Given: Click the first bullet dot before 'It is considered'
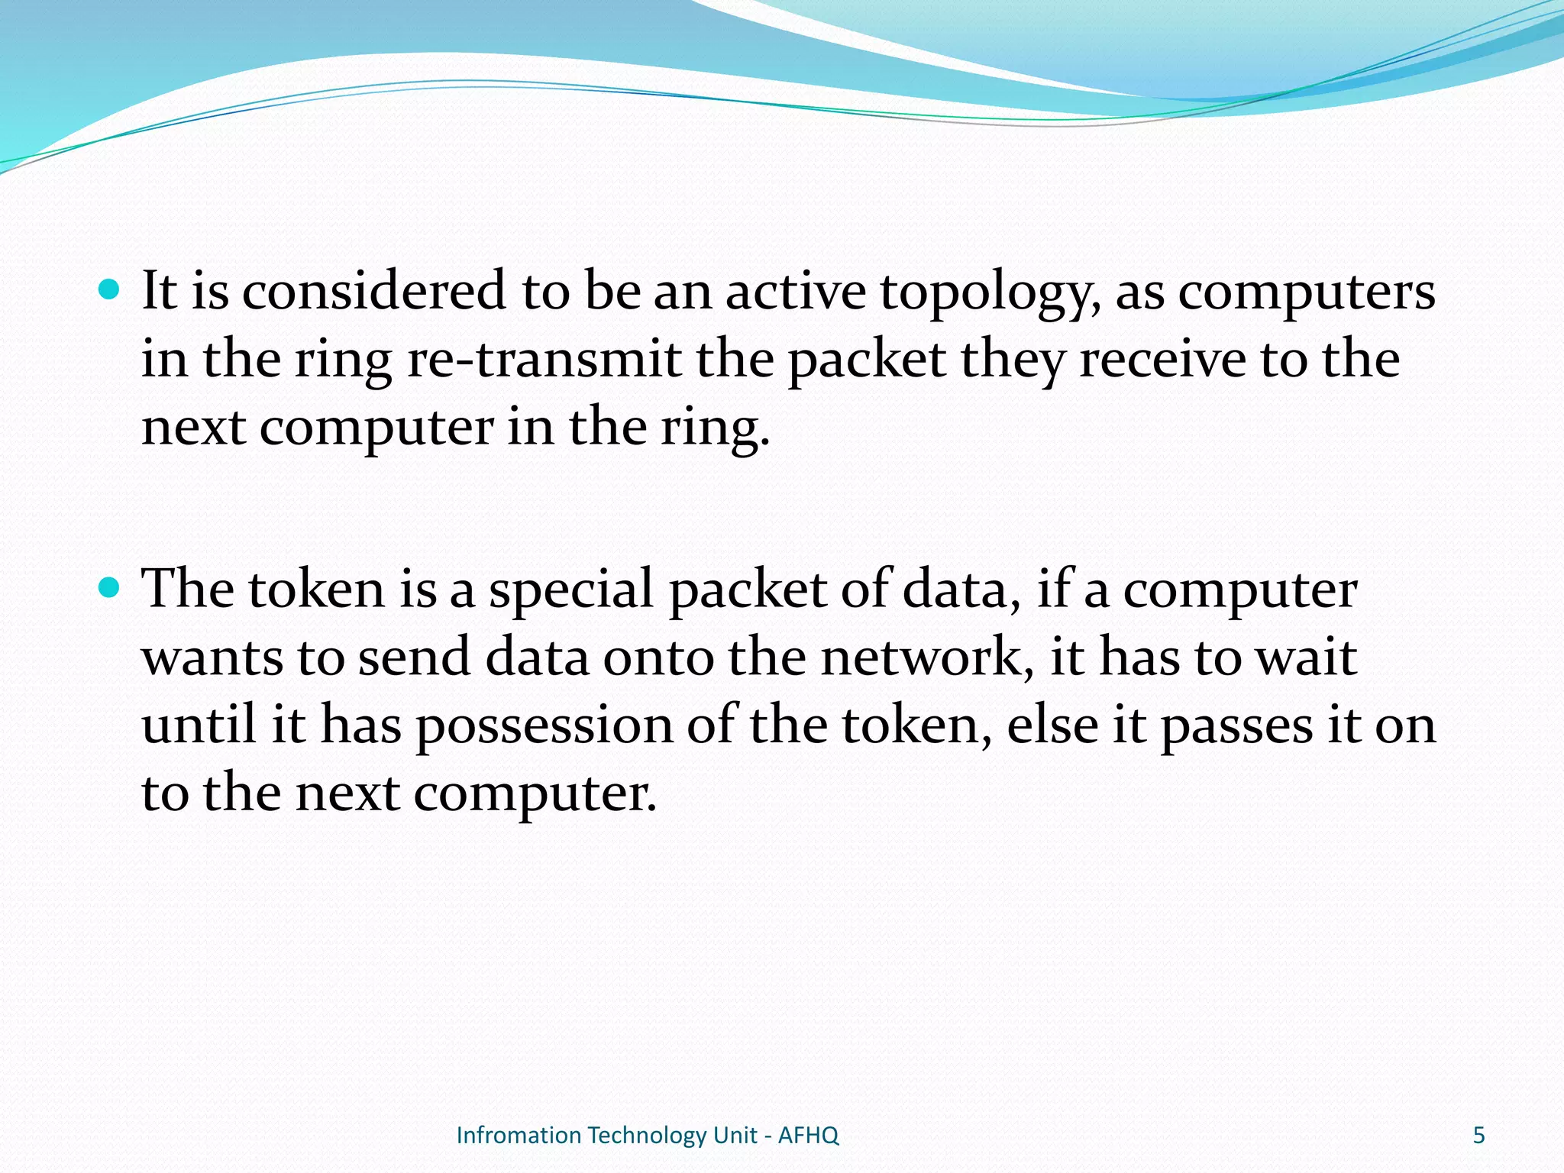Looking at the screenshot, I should click(x=110, y=291).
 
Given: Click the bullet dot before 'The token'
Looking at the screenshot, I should click(x=110, y=588).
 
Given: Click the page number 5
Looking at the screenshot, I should click(x=1478, y=1135).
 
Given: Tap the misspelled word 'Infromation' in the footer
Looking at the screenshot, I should click(x=519, y=1136).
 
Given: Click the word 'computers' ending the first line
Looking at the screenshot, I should click(x=1306, y=294).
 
